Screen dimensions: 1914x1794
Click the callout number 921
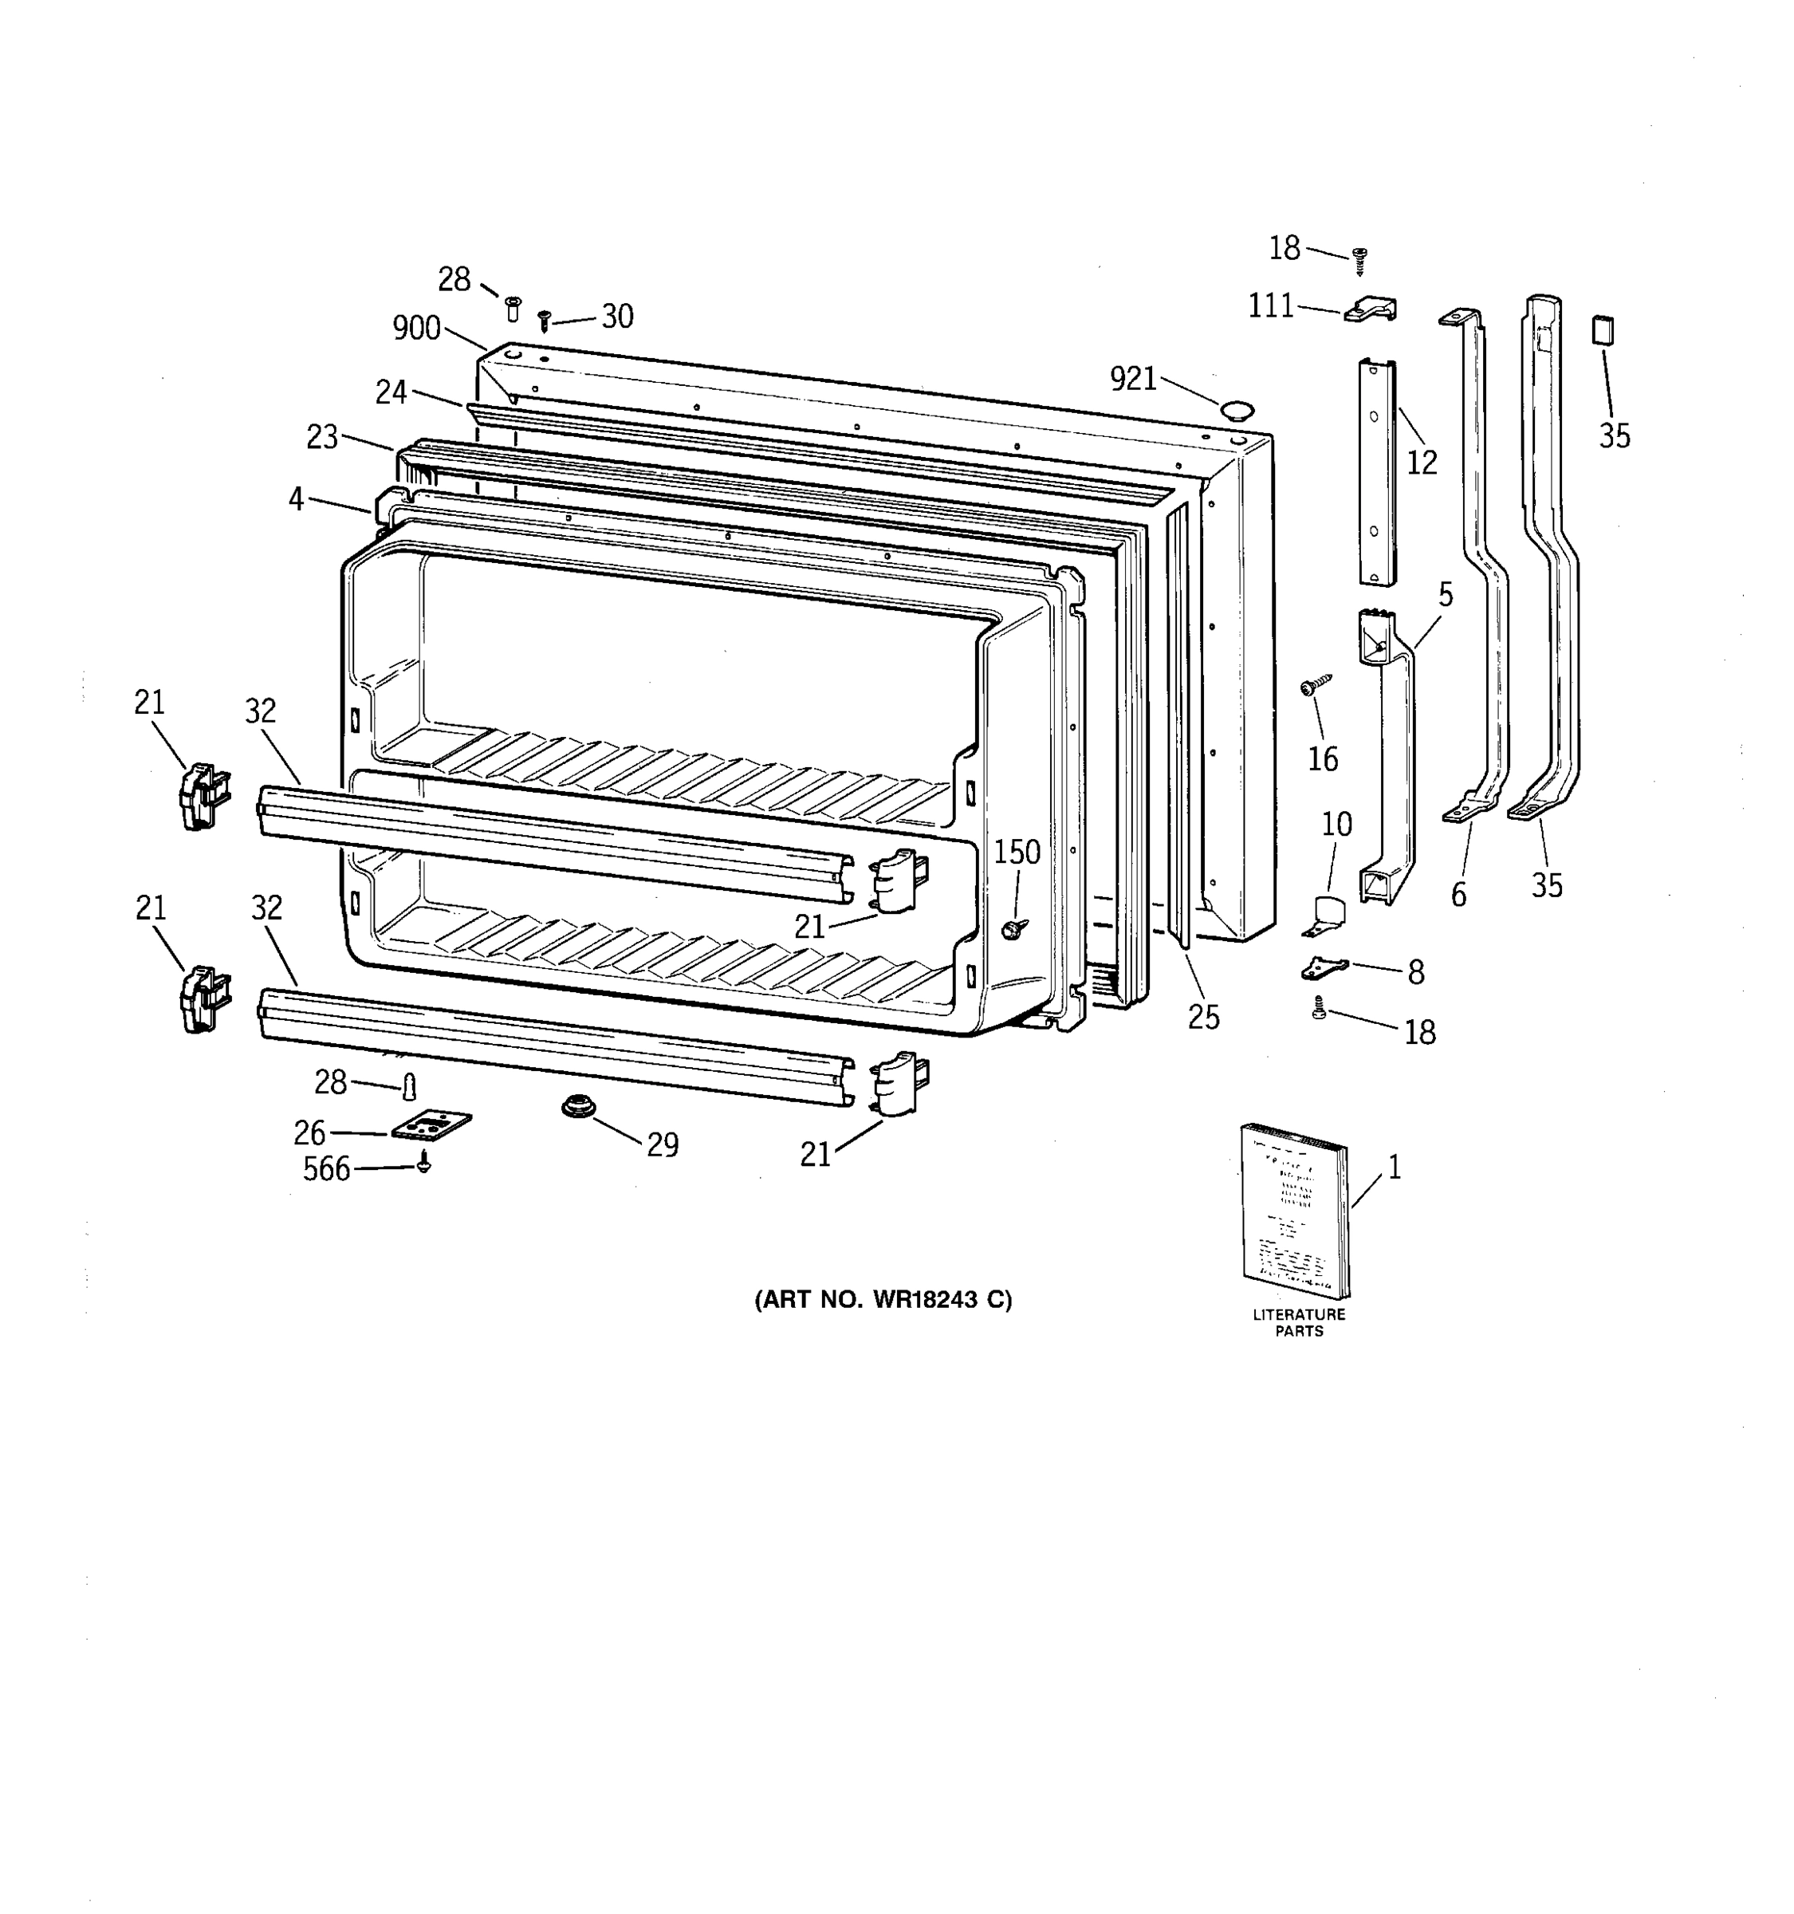(1133, 380)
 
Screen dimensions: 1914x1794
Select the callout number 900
(415, 329)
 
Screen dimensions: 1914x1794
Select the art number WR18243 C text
(883, 1301)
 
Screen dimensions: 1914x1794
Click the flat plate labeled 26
(431, 1124)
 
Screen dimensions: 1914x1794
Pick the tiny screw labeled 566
(423, 1164)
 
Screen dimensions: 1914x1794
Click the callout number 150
(1017, 852)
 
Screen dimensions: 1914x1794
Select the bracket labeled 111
(1371, 309)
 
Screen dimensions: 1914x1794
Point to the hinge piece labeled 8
(1324, 967)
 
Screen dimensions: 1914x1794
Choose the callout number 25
(1203, 1017)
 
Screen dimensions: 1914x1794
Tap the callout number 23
(321, 437)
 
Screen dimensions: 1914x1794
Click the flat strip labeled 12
(1377, 472)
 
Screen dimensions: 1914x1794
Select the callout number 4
(296, 498)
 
